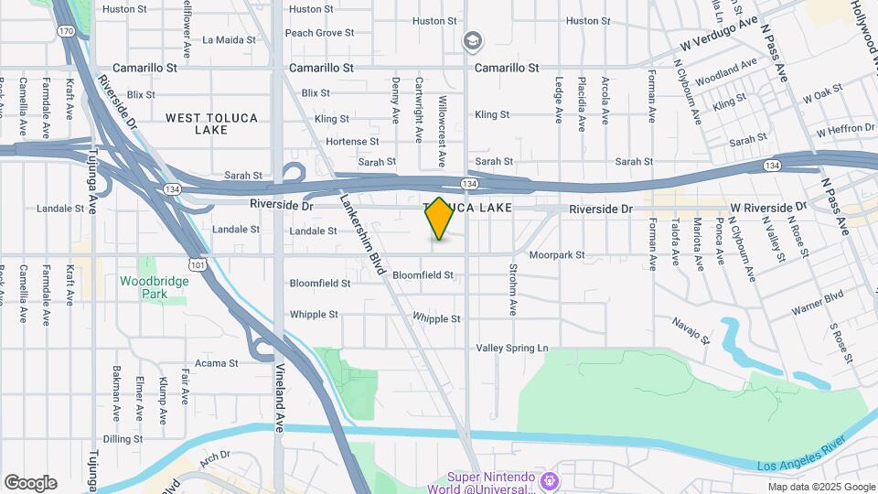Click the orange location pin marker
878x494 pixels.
click(x=440, y=218)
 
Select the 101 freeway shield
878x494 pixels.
click(x=197, y=263)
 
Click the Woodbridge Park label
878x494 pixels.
click(x=154, y=287)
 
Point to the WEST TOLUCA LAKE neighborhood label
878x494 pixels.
click(x=211, y=123)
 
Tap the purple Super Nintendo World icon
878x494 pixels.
click(x=549, y=479)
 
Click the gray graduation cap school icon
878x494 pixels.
click(x=473, y=40)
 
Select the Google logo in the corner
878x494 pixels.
click(x=30, y=483)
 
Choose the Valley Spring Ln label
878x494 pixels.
click(x=511, y=349)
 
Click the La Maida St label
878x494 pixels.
click(x=229, y=39)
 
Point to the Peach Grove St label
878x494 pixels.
click(x=319, y=33)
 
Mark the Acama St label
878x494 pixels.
click(x=217, y=363)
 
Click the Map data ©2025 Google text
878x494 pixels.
click(x=820, y=487)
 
